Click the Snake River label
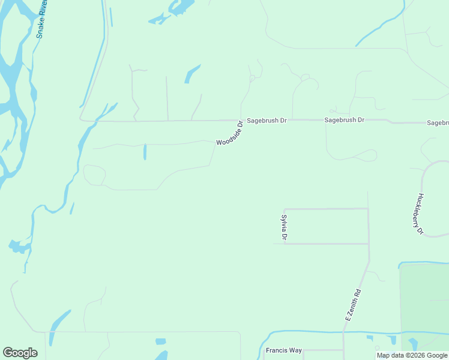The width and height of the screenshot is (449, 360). click(x=43, y=20)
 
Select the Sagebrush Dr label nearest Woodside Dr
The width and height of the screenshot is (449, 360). click(x=267, y=120)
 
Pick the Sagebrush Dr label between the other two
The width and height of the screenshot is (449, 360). click(x=344, y=120)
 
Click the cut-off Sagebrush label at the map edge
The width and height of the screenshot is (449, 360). click(x=438, y=122)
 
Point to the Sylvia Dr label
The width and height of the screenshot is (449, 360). click(x=285, y=228)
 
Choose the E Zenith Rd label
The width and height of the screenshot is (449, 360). click(x=354, y=304)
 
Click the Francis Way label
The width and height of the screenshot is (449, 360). click(x=283, y=350)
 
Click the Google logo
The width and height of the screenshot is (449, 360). click(x=20, y=353)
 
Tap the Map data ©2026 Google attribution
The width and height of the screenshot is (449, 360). click(x=412, y=355)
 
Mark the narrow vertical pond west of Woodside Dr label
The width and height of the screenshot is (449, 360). click(x=145, y=152)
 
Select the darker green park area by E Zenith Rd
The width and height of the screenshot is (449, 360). click(x=424, y=300)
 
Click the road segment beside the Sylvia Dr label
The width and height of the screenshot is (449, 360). click(x=284, y=227)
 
